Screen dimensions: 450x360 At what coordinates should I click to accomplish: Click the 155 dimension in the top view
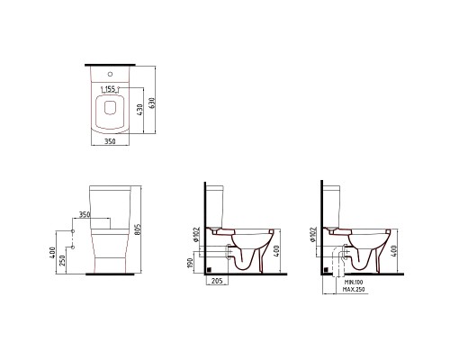pyautogui.click(x=110, y=89)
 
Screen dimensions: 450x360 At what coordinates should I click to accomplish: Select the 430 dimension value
pyautogui.click(x=140, y=109)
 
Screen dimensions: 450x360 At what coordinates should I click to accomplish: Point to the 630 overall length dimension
pyautogui.click(x=151, y=103)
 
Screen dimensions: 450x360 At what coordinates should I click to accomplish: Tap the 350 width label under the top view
pyautogui.click(x=110, y=141)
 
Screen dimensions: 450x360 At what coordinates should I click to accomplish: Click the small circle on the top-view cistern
pyautogui.click(x=110, y=74)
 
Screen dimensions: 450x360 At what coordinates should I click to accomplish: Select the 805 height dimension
pyautogui.click(x=138, y=229)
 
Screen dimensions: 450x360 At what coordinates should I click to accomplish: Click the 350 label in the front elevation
pyautogui.click(x=85, y=214)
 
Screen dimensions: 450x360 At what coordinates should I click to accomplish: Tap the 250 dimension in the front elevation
pyautogui.click(x=63, y=260)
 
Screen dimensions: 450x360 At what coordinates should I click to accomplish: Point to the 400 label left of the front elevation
pyautogui.click(x=53, y=253)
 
